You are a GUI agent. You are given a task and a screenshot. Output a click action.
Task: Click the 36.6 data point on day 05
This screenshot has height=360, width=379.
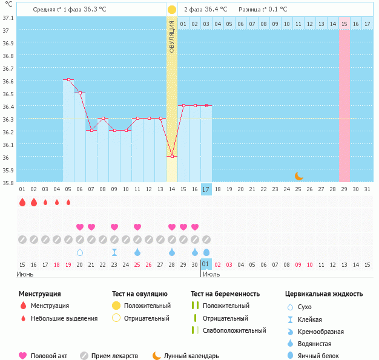point(68,80)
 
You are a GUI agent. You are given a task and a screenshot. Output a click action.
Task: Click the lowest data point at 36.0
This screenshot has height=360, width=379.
point(172,156)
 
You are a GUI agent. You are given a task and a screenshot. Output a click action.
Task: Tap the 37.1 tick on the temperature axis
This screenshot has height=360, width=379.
point(8,18)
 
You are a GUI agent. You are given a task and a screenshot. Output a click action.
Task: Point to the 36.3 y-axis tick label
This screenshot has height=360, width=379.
point(8,119)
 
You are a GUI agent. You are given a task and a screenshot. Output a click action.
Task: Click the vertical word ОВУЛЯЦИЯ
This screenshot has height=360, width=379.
point(172,37)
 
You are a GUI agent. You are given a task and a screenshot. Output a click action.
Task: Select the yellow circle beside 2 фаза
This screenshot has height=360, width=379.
point(172,10)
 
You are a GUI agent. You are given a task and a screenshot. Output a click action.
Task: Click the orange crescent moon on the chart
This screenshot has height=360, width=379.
point(298,176)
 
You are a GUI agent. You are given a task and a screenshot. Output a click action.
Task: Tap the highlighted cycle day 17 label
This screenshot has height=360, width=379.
point(206,189)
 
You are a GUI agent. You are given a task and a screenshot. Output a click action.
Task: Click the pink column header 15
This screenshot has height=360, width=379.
point(344,24)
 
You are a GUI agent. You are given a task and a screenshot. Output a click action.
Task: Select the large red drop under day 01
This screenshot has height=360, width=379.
point(22,203)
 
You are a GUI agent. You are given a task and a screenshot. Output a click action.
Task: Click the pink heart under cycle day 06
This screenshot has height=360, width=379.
point(80,227)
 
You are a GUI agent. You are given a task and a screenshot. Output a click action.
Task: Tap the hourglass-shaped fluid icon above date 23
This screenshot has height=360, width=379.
point(114,252)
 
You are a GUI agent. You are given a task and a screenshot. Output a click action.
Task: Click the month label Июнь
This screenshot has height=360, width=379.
point(25,274)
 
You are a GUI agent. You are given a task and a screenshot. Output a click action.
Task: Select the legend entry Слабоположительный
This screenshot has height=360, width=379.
point(234,330)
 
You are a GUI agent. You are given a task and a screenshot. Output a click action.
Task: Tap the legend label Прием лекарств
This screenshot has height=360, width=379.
point(114,356)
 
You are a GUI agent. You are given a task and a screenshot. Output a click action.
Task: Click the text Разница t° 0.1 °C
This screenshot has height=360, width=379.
point(263,10)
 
